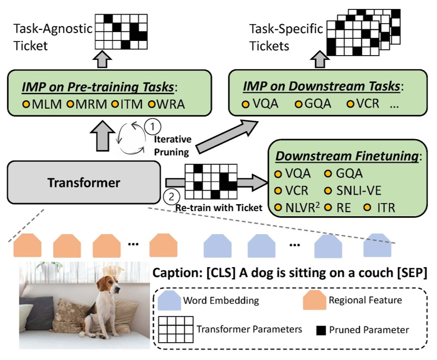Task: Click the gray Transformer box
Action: pyautogui.click(x=84, y=183)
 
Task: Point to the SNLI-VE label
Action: pyautogui.click(x=357, y=190)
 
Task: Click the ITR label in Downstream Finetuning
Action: pyautogui.click(x=387, y=207)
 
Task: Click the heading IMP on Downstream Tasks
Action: pyautogui.click(x=325, y=86)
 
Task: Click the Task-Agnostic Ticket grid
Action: pyautogui.click(x=120, y=31)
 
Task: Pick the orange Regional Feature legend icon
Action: pyautogui.click(x=314, y=301)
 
